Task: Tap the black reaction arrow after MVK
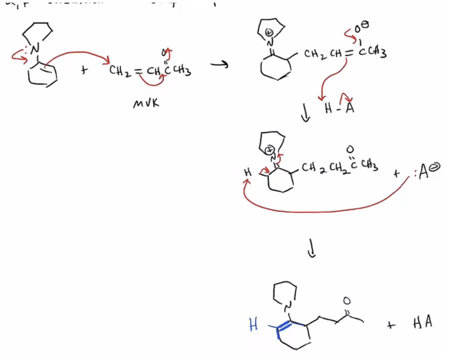click(222, 65)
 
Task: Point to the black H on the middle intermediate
click(247, 174)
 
